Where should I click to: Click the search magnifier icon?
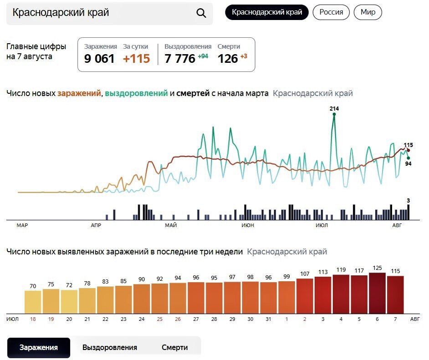pos(201,13)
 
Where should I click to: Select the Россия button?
pos(331,12)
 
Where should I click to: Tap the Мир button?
pos(368,12)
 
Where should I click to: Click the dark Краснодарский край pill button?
pos(267,12)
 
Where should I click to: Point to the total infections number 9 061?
pos(99,59)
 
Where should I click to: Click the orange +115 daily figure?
pos(137,59)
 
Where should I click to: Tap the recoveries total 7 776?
pos(180,59)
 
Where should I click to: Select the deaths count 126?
pos(228,59)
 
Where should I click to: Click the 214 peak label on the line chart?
pos(334,109)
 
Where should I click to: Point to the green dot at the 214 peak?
pos(334,114)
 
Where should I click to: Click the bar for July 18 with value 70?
pos(33,301)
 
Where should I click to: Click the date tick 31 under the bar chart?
pos(269,319)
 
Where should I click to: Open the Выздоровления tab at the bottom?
pos(110,348)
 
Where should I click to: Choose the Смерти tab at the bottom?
pos(174,348)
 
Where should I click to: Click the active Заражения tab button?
pos(39,348)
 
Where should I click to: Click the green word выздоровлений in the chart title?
pos(136,93)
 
